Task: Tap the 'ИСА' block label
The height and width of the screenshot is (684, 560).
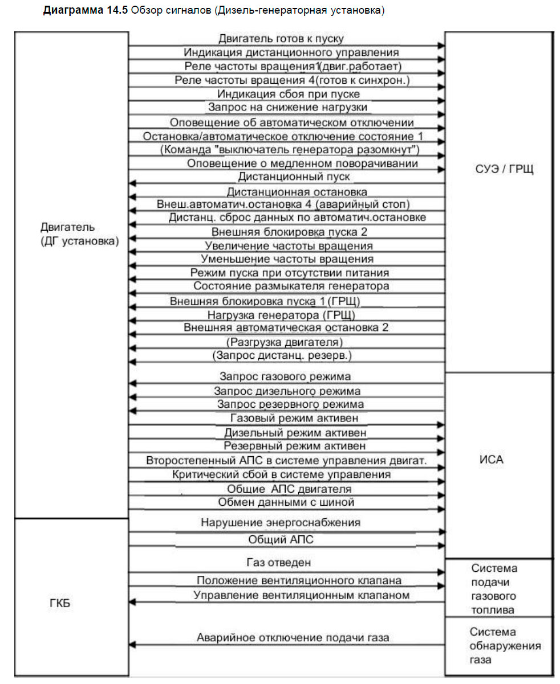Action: (x=492, y=460)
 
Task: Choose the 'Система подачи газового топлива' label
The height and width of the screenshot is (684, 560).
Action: (x=494, y=589)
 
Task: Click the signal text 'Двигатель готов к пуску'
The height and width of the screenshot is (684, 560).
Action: (x=281, y=39)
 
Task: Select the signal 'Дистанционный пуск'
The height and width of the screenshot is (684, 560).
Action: (x=286, y=177)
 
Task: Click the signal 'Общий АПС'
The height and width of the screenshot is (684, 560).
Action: (x=281, y=539)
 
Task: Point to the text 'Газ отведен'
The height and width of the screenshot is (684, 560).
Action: (x=278, y=563)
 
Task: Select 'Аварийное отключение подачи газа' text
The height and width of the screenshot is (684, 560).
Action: (x=293, y=638)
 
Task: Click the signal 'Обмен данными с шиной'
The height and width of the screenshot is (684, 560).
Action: (x=286, y=502)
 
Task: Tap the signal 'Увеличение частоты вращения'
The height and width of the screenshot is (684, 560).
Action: (x=289, y=245)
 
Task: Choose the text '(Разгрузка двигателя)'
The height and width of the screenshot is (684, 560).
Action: (x=284, y=342)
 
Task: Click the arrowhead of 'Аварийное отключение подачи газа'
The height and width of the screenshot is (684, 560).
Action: (x=132, y=645)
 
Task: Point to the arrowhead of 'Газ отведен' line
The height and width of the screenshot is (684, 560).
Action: (x=441, y=572)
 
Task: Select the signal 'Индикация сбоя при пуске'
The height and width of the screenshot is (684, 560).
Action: (x=289, y=94)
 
